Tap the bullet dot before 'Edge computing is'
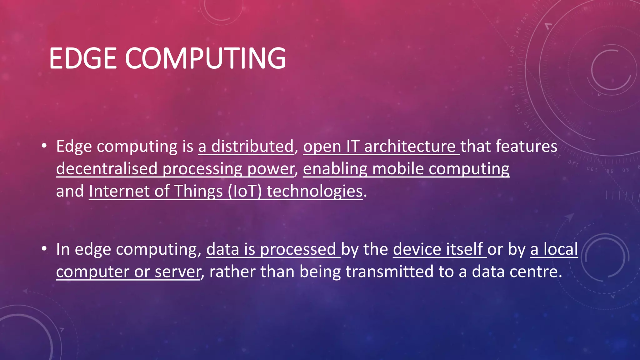44,146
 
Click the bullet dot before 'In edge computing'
44,249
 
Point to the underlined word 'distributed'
252,146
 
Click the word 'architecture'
410,146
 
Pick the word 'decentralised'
107,169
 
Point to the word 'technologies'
314,191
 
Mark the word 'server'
177,272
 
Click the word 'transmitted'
389,271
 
